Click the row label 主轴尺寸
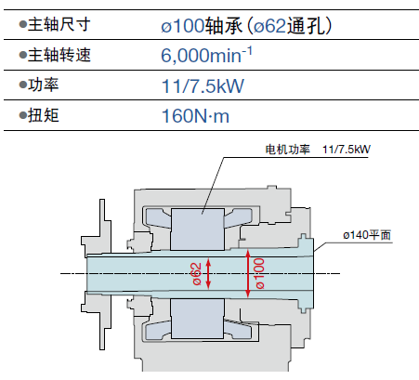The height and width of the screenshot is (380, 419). pos(59,24)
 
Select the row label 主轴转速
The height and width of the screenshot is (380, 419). pos(59,55)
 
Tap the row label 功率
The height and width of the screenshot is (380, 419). pos(44,85)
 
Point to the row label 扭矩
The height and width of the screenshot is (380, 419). pos(44,115)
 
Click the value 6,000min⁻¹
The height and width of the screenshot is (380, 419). pos(206,55)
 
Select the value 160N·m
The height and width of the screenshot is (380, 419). pos(195,116)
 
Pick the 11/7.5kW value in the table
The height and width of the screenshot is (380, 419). pos(203,85)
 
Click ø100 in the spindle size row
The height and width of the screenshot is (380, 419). pos(183,25)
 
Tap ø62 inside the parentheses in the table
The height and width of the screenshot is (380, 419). pos(269,25)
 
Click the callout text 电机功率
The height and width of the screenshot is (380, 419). pos(287,150)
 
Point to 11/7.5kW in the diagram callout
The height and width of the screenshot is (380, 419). pos(347,150)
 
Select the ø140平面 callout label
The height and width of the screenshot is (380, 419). pos(367,235)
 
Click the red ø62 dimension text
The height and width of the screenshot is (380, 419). pos(197,274)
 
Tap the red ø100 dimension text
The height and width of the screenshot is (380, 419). pos(259,273)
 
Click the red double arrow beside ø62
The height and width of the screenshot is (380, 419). pos(208,274)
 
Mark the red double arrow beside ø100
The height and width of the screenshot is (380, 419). pos(248,273)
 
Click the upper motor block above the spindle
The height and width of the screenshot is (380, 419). pos(197,229)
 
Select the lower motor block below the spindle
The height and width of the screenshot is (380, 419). pos(197,319)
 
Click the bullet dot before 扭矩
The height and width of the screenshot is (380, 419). pos(23,115)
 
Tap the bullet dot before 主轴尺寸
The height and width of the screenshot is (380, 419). pos(23,24)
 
